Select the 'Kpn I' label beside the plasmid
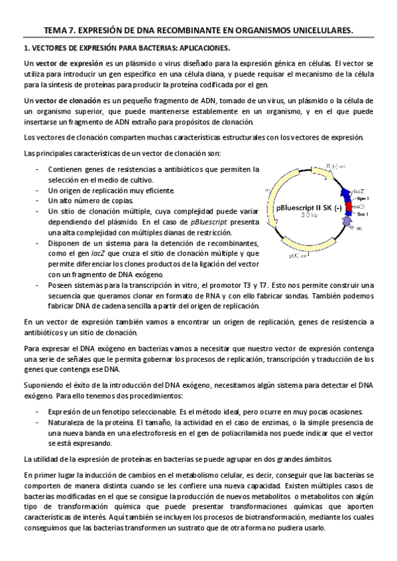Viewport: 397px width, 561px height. click(x=363, y=198)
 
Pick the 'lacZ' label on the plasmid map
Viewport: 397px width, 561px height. click(x=357, y=189)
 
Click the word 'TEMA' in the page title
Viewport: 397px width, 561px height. click(x=56, y=30)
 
